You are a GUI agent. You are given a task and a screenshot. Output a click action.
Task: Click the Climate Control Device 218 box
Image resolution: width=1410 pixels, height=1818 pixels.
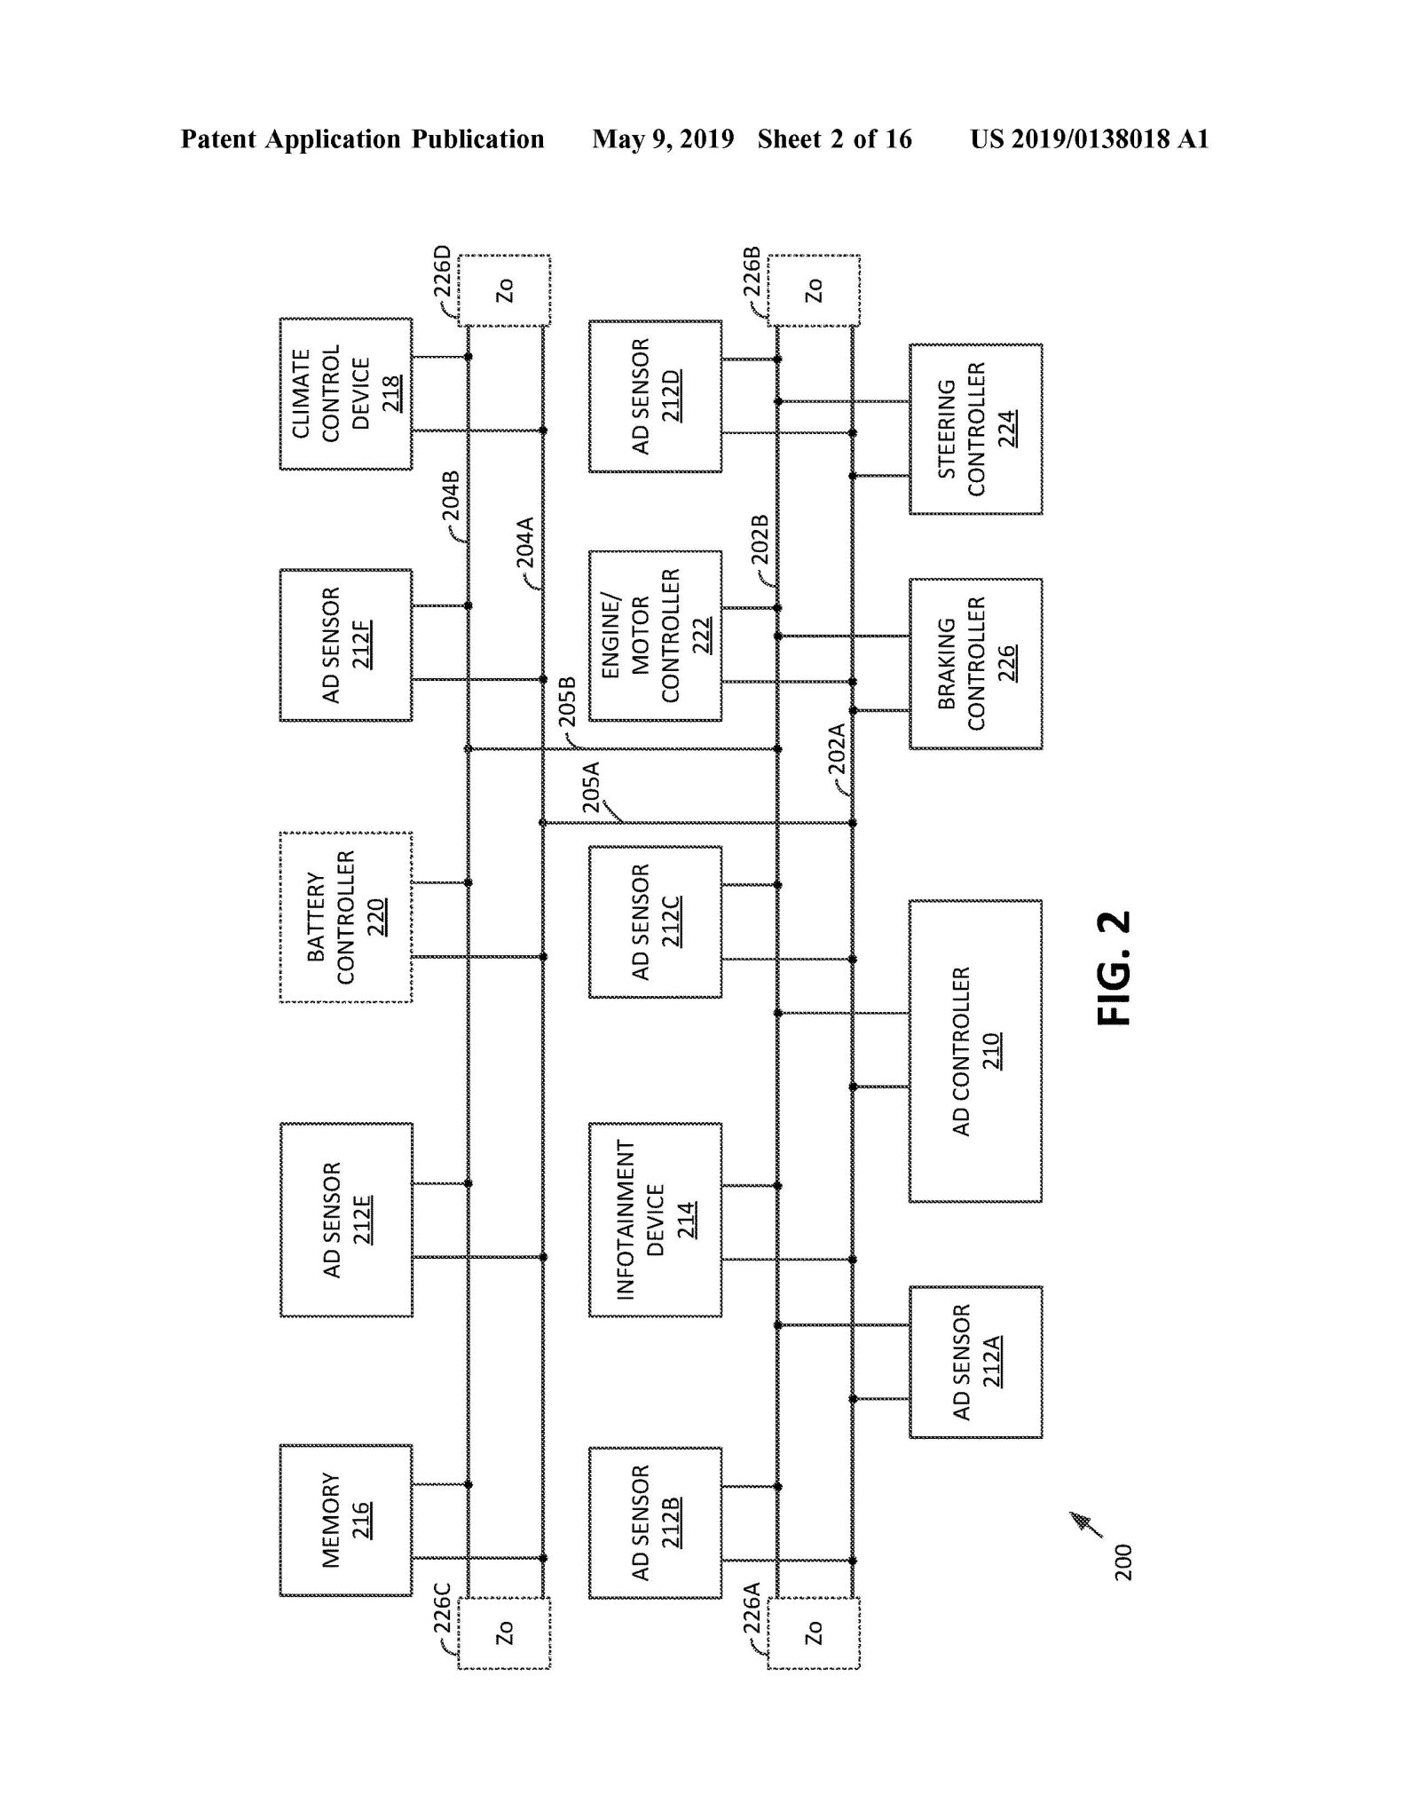tap(346, 393)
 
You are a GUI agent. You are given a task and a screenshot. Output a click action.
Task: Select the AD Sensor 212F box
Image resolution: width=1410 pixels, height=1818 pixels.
tap(346, 644)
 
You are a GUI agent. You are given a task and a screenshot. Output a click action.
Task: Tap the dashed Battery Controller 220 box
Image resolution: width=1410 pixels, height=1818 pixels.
tap(346, 917)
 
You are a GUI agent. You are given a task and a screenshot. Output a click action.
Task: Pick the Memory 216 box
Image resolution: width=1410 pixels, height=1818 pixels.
tap(346, 1520)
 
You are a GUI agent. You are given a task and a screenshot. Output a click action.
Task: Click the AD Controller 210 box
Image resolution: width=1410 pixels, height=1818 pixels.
tap(975, 1051)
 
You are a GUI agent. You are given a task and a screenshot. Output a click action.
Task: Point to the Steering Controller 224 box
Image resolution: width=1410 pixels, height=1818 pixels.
tap(975, 429)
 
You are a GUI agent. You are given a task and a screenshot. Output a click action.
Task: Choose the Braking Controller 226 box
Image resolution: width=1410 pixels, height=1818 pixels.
tap(975, 663)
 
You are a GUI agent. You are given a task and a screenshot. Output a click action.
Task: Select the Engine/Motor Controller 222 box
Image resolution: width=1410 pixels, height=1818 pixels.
tap(655, 636)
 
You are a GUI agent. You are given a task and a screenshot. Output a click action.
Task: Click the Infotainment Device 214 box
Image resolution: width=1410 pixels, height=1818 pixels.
tap(655, 1220)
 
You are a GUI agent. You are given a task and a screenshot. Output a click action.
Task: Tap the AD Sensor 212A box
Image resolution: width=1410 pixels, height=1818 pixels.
tap(975, 1362)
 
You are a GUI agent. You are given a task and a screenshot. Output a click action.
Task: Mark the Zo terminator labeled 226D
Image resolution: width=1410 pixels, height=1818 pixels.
tap(504, 290)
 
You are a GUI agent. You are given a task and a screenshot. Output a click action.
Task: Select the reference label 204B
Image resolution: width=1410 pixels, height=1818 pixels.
tap(451, 496)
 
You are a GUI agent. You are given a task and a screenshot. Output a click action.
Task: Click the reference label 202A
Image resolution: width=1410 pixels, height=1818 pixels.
tap(836, 749)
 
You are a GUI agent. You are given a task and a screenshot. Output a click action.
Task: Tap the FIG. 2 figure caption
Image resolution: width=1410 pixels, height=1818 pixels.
tap(1115, 968)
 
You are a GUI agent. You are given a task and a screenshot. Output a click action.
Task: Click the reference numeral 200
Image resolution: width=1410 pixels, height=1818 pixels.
tap(1123, 1562)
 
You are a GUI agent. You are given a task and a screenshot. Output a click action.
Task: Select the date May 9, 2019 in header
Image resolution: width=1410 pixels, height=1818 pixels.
tap(663, 139)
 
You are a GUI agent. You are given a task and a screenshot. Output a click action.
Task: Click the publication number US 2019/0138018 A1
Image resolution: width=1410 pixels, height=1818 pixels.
tap(1089, 139)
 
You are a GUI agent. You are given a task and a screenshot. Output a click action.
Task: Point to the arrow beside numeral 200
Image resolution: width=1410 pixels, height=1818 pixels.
tap(1086, 1523)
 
